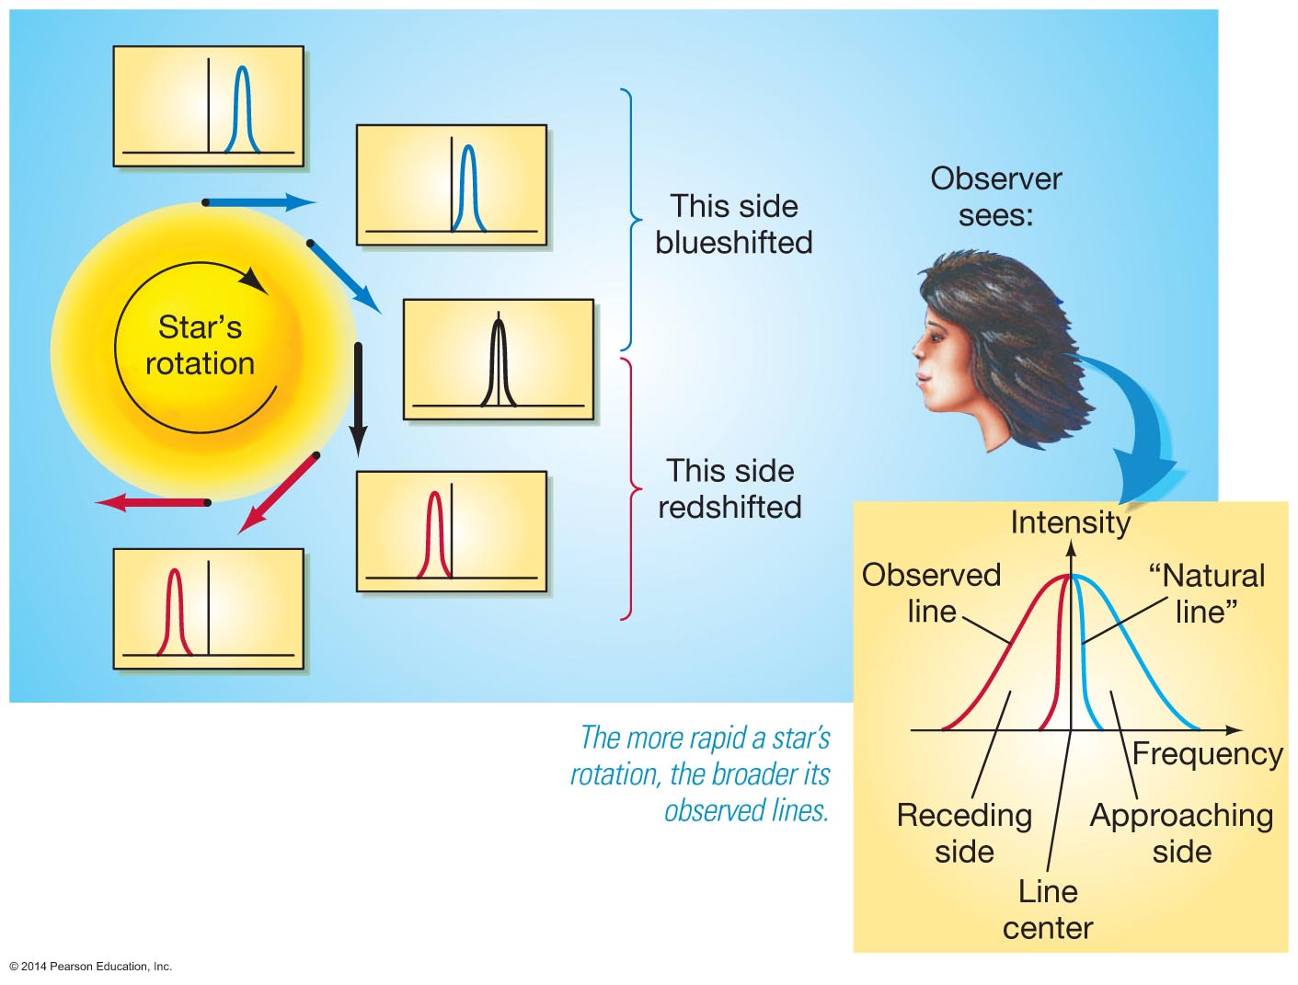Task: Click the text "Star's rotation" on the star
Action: pos(200,345)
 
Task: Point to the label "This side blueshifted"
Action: pos(733,223)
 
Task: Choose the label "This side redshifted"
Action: pos(729,488)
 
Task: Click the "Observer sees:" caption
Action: pos(995,196)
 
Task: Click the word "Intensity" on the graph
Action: pos(1070,522)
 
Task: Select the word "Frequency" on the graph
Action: pos(1207,753)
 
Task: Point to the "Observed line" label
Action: pos(931,592)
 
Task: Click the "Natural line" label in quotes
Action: pos(1206,593)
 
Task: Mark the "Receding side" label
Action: pos(964,832)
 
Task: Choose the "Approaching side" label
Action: pos(1181,832)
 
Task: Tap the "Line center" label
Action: pos(1048,909)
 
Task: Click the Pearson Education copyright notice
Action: pos(91,967)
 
